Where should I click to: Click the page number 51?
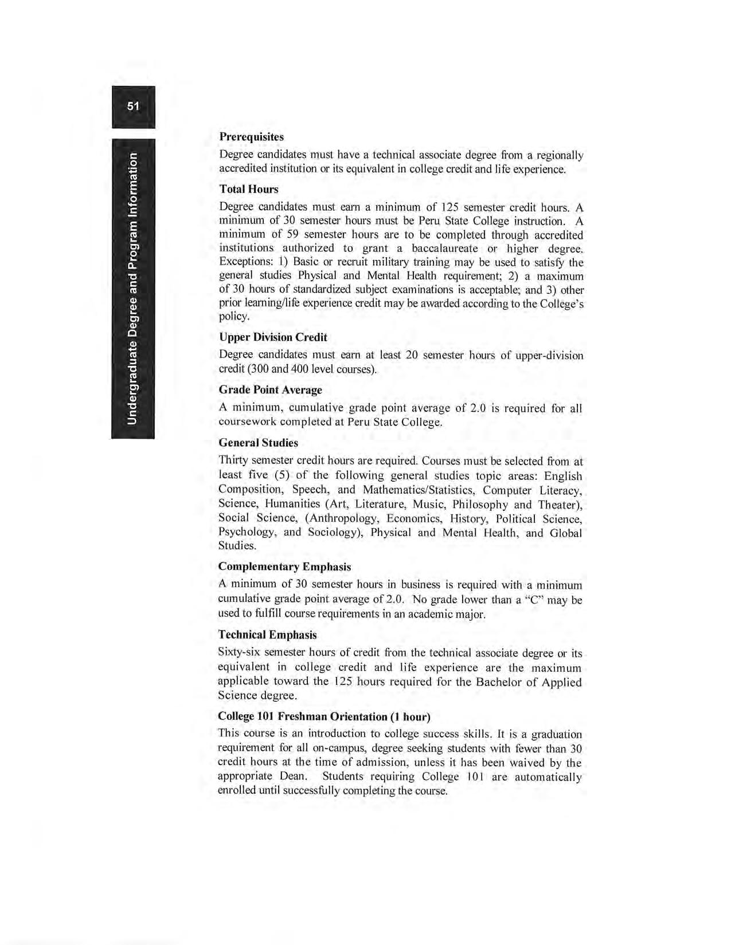[133, 106]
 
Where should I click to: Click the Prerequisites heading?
[251, 137]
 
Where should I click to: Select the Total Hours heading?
[248, 189]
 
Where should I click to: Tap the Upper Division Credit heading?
[273, 337]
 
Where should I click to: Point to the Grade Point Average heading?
[270, 389]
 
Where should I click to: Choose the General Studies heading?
[258, 443]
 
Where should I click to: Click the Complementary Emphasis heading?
[284, 566]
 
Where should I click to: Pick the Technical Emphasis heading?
[267, 635]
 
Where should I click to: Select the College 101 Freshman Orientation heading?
[324, 716]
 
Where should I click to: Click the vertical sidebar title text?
[133, 289]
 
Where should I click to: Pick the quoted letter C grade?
[531, 600]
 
